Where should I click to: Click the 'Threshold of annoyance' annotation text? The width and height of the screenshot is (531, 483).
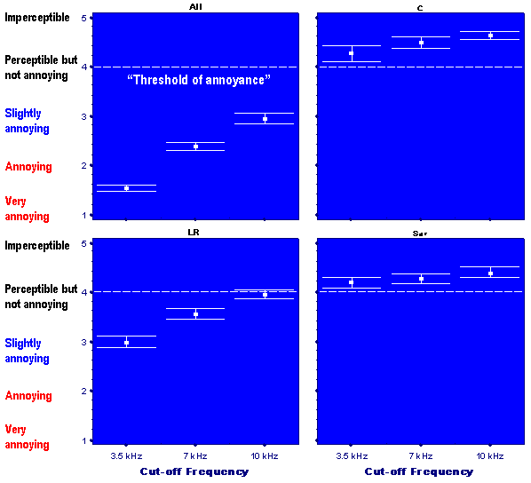tap(198, 80)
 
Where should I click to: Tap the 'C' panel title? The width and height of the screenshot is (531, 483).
tap(419, 7)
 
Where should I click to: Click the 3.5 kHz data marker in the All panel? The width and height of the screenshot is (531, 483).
tap(126, 187)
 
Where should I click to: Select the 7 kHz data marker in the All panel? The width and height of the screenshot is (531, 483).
tap(195, 146)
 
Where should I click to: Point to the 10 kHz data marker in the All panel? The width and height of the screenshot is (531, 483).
tap(265, 118)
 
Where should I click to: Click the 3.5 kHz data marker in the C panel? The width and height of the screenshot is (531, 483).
tap(352, 53)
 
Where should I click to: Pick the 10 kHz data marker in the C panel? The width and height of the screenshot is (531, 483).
tap(490, 36)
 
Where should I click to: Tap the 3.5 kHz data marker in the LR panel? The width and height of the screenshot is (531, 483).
tap(126, 342)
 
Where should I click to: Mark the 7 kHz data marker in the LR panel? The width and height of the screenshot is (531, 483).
tap(195, 313)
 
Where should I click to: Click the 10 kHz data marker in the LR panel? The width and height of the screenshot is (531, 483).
tap(265, 294)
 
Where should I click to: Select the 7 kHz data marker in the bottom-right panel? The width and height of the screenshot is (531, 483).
tap(421, 278)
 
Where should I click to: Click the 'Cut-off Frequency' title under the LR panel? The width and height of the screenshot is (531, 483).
tap(194, 471)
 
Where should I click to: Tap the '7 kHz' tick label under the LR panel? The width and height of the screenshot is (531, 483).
tap(195, 455)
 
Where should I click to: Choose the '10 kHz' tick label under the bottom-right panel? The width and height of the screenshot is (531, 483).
tap(490, 455)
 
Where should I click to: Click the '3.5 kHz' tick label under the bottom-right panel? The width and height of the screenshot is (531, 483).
tap(352, 455)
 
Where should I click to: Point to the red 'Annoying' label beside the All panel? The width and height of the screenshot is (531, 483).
tap(28, 167)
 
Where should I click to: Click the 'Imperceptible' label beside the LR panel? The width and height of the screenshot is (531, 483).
tap(37, 244)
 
